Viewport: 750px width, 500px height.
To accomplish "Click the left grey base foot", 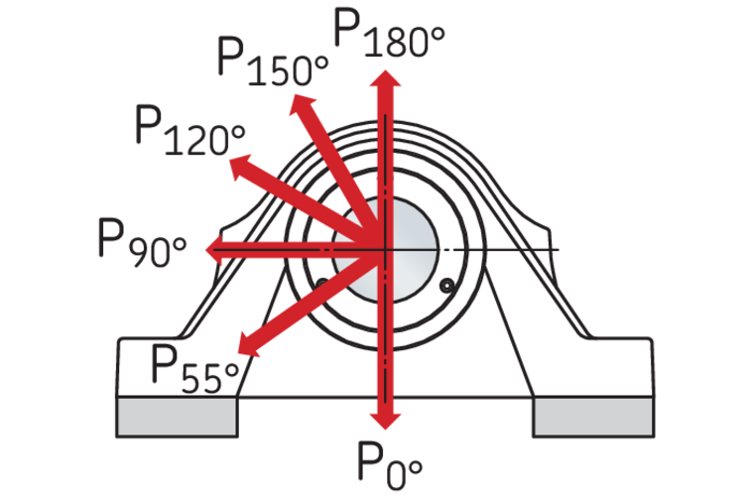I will click(x=178, y=417).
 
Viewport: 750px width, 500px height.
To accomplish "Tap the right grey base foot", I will click(x=593, y=417).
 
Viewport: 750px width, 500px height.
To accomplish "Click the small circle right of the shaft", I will click(x=447, y=287).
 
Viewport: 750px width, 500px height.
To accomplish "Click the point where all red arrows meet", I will click(x=385, y=248).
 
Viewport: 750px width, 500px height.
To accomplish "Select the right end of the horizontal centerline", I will click(x=558, y=248).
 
